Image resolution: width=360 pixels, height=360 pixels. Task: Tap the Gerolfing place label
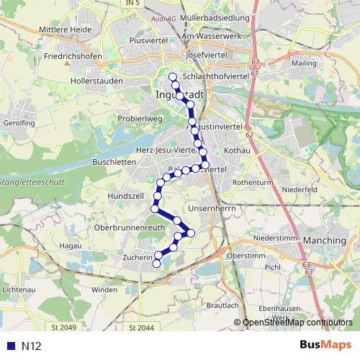click(x=19, y=123)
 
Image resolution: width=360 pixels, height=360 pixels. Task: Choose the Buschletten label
click(x=109, y=162)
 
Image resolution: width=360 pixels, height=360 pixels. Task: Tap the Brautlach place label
click(x=222, y=305)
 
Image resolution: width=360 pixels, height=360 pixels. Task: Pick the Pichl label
click(x=273, y=267)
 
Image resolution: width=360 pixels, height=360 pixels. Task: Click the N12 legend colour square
click(x=9, y=346)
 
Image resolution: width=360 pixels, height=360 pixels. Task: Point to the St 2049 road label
click(x=63, y=328)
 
